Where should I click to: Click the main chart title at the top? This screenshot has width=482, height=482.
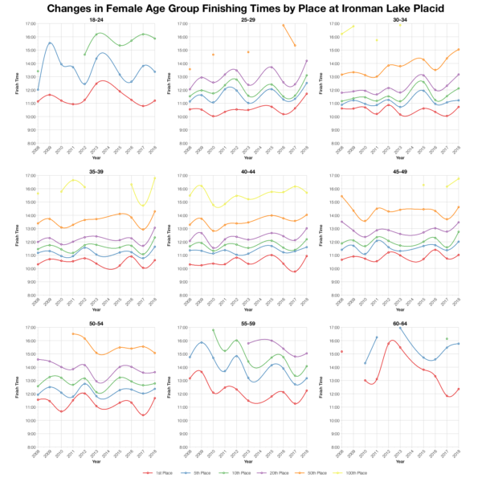[x=241, y=8]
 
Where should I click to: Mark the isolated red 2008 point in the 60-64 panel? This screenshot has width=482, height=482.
[x=342, y=352]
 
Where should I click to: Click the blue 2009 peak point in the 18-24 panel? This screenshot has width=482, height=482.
[x=50, y=43]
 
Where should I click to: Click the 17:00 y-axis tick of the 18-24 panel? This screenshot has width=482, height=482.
[x=28, y=24]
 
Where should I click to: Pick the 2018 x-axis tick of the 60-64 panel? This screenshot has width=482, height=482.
[x=459, y=455]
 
